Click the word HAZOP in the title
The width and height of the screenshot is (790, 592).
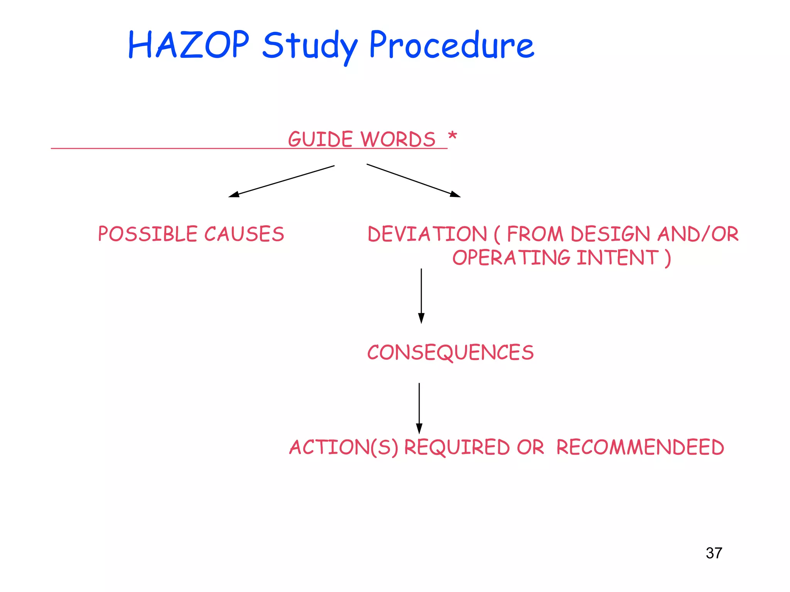coord(188,45)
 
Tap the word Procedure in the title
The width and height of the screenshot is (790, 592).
coord(451,45)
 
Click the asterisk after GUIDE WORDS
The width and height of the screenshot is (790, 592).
coord(452,136)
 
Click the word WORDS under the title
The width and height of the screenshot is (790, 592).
coord(398,139)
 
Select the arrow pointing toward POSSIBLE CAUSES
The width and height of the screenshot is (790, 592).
coord(282,181)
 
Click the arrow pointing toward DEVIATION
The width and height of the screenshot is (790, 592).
coord(414,180)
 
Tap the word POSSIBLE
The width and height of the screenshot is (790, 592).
coord(148,234)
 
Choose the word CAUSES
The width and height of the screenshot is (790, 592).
coord(244,234)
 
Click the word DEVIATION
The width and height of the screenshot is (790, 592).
coord(427,234)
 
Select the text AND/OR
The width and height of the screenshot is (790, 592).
coord(698,234)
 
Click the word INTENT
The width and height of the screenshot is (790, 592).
coord(618,257)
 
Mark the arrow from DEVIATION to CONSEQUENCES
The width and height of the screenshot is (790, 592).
coord(421,296)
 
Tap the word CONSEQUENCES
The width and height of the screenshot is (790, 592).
coord(450,352)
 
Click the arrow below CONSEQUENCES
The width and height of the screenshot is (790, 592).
coord(419,408)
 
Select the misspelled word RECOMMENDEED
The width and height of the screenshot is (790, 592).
coord(640,447)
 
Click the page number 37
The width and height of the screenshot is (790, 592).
coord(714,553)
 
